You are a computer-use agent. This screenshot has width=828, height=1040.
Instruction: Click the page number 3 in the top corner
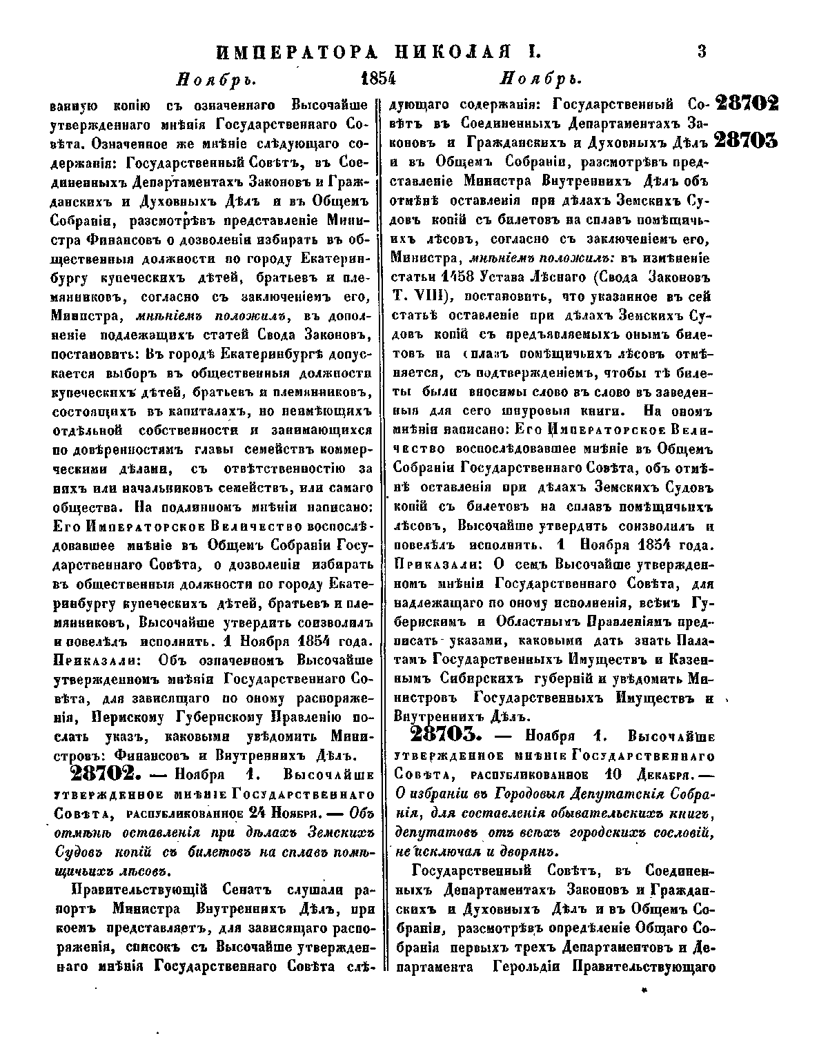point(703,52)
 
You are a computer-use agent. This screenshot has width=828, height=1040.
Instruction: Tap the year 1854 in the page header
point(378,77)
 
